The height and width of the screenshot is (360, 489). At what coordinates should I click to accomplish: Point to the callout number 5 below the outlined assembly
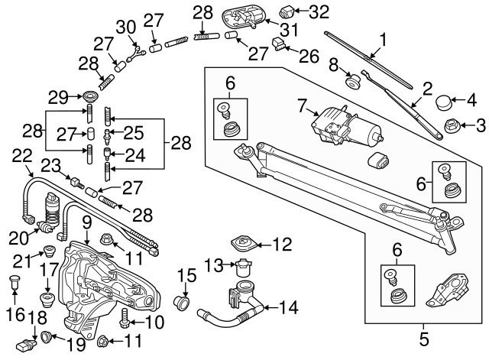click(x=425, y=334)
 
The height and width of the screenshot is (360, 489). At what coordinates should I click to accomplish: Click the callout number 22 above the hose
click(x=22, y=156)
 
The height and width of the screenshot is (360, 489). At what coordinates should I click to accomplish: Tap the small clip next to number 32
click(x=287, y=11)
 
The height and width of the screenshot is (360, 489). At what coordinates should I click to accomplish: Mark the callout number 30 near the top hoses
click(x=125, y=27)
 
